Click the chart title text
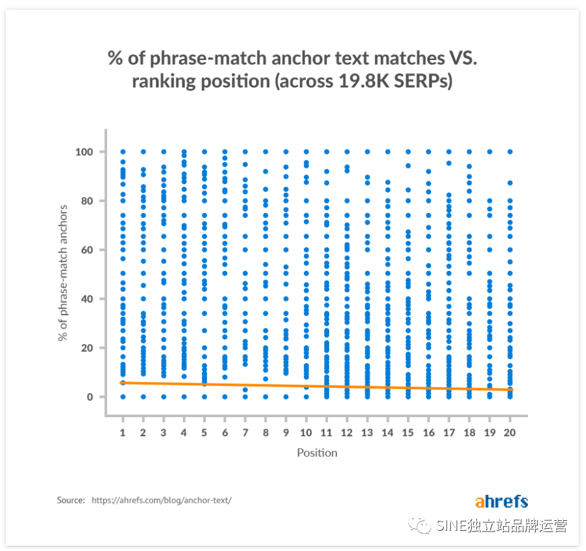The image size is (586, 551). point(293,70)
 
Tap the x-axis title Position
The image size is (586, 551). point(317,452)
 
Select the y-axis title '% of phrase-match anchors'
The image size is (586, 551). point(63,273)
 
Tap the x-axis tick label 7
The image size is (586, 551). point(245,432)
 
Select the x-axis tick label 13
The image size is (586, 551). point(367,432)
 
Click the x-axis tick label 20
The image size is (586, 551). point(510,432)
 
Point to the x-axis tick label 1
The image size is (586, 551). point(123,432)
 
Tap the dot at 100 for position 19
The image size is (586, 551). point(489,151)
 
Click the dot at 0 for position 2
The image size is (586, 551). point(143,396)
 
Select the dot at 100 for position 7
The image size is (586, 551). point(245,151)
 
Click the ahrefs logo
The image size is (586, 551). point(501,501)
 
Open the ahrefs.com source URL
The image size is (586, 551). point(161,501)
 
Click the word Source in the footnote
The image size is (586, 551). point(71,501)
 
